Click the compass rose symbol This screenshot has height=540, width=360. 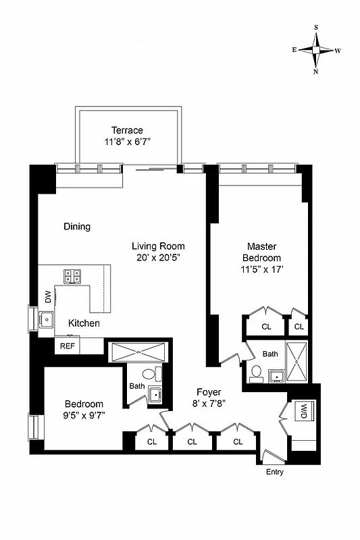[316, 50]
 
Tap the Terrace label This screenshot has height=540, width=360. [128, 130]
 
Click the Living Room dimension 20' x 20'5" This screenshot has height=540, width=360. [158, 257]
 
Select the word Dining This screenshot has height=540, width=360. [77, 227]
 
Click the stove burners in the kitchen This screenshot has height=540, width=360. [72, 275]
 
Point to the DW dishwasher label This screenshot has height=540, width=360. [48, 296]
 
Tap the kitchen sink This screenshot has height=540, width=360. [46, 319]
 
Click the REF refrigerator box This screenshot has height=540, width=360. [68, 346]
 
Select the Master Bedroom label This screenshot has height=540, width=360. [263, 252]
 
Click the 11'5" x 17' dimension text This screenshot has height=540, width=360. [263, 269]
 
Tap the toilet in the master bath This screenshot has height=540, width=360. [256, 373]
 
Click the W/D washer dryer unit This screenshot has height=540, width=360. [303, 410]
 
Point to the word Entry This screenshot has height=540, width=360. [274, 472]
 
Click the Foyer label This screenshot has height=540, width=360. [209, 392]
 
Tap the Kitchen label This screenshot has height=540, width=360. [84, 324]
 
